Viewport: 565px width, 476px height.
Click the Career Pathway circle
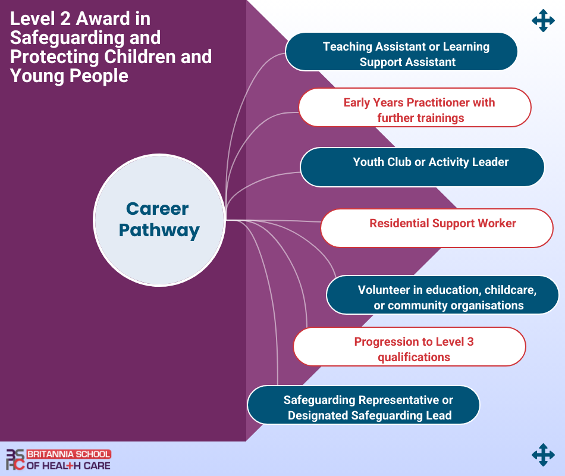click(159, 220)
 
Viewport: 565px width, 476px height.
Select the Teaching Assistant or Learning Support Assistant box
click(401, 52)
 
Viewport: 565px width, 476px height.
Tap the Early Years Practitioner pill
click(415, 108)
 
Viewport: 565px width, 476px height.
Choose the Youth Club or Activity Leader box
click(422, 167)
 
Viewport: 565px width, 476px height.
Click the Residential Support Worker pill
click(437, 228)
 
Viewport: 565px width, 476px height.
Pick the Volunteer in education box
click(442, 295)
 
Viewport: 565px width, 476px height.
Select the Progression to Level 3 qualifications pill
click(410, 346)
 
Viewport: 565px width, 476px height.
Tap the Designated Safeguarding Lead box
click(363, 405)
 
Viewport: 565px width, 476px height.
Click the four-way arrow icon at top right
click(543, 21)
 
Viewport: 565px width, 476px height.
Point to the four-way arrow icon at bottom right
click(543, 455)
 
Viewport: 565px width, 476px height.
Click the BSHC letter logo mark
click(15, 460)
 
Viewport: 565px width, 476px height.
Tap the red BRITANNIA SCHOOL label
click(68, 454)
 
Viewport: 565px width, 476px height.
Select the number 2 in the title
click(65, 18)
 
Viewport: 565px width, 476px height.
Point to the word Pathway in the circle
click(159, 231)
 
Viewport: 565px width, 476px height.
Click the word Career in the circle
click(158, 209)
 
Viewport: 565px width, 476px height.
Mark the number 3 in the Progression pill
click(470, 342)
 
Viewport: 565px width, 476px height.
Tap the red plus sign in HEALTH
click(70, 466)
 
